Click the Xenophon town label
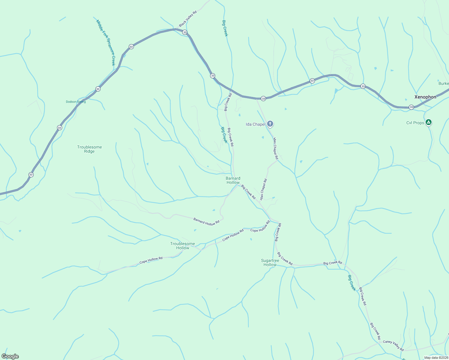425,97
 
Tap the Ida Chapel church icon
270,124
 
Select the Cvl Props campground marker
429,122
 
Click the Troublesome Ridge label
89,149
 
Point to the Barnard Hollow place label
233,180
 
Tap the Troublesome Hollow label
182,246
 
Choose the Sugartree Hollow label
270,262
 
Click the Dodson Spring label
76,102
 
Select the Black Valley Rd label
188,19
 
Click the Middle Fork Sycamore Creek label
106,42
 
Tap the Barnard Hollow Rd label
206,222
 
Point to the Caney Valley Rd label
393,346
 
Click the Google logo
10,356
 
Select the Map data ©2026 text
436,358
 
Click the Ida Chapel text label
255,124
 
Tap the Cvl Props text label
415,123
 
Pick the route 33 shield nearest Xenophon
411,107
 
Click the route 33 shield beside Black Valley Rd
185,32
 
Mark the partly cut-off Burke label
444,83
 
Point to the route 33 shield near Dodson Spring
98,89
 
